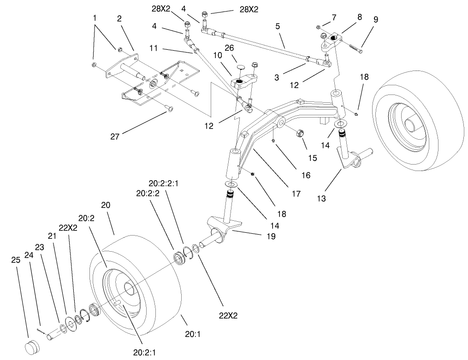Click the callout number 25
tap(16, 260)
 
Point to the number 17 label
tap(296, 194)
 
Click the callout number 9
tap(375, 20)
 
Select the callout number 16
tap(306, 175)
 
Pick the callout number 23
tap(40, 247)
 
